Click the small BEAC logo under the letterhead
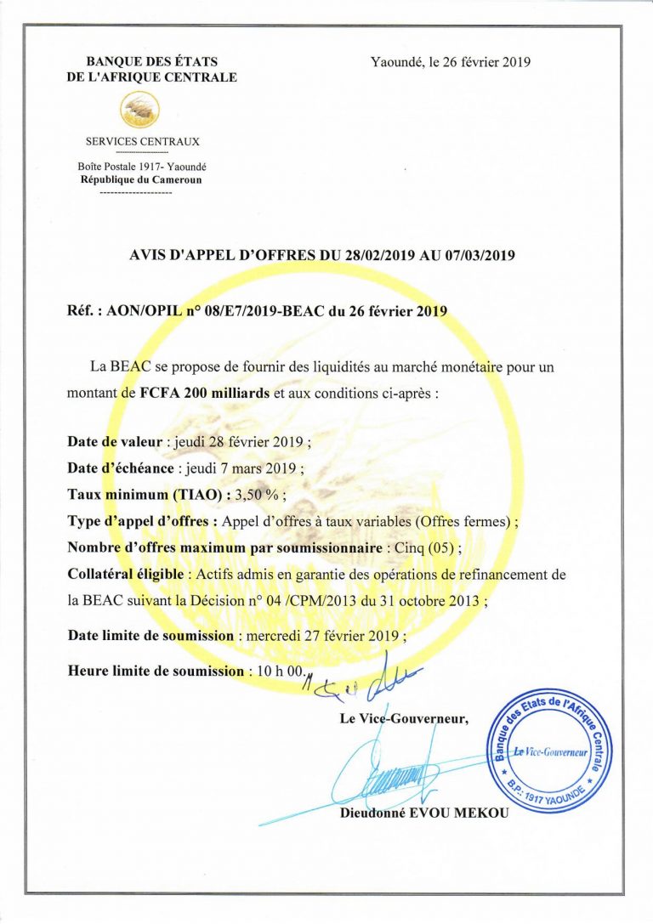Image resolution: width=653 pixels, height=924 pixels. [140, 109]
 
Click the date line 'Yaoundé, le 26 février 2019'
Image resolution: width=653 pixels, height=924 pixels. [451, 62]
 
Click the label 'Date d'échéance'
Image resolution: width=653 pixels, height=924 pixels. [120, 468]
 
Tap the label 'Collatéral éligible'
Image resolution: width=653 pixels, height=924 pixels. [125, 575]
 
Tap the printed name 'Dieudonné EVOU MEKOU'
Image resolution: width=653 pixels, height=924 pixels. [423, 813]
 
